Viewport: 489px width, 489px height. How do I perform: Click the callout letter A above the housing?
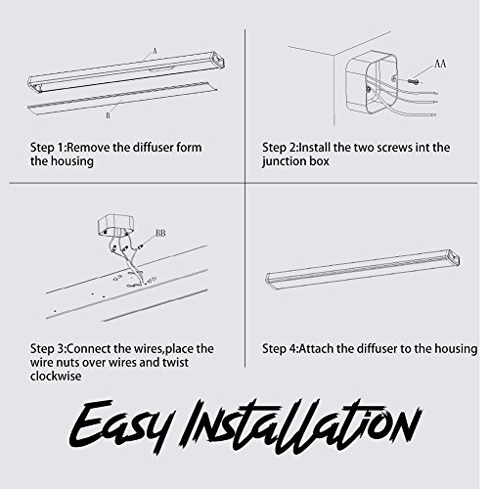[156, 51]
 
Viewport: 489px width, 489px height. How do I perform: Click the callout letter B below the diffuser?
[108, 115]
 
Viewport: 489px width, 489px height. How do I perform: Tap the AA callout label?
[440, 64]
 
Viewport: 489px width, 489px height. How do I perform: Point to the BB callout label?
[160, 233]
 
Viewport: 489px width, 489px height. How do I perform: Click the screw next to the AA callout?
[413, 80]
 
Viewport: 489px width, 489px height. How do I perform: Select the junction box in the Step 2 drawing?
[372, 84]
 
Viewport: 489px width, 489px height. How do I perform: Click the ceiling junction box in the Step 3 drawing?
[114, 225]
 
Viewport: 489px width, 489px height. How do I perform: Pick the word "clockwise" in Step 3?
[56, 376]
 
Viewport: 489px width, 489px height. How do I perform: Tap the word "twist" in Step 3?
[175, 362]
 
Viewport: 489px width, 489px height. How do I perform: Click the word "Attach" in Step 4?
[316, 349]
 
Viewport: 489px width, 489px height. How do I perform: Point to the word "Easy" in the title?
[119, 423]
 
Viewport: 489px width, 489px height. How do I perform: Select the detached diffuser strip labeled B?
[122, 98]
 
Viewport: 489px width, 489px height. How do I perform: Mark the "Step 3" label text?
[48, 349]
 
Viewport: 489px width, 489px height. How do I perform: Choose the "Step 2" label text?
[280, 148]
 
